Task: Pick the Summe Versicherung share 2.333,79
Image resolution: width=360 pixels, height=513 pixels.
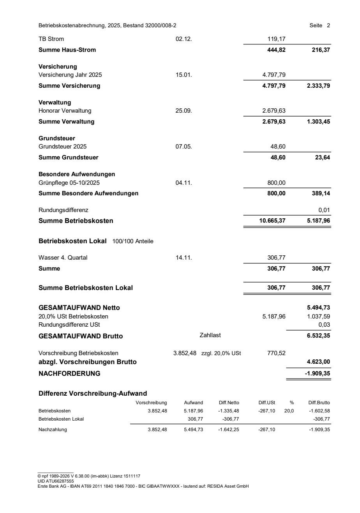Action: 318,86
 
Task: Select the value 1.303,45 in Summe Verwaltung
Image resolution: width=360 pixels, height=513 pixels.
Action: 318,122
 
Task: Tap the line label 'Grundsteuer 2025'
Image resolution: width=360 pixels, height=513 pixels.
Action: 63,147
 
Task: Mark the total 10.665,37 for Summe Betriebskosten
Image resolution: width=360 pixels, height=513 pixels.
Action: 272,221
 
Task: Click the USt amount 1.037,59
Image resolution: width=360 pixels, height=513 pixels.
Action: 319,317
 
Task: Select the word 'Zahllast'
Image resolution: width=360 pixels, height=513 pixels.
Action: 210,335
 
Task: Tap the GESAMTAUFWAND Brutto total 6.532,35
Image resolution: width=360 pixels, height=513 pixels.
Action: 318,336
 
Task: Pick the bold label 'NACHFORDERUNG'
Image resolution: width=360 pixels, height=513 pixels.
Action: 69,373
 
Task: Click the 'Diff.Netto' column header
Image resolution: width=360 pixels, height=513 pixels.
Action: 229,403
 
